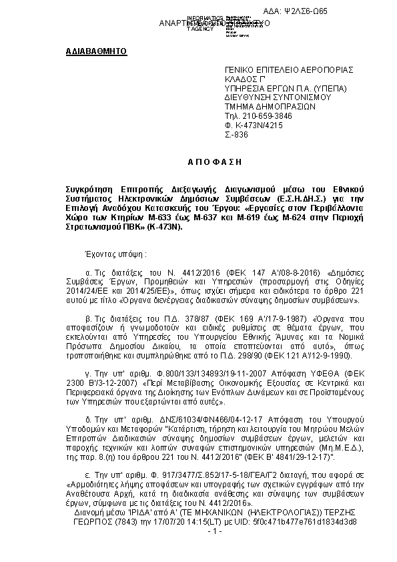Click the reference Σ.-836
click(236, 133)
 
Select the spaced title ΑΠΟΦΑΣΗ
click(198, 162)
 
